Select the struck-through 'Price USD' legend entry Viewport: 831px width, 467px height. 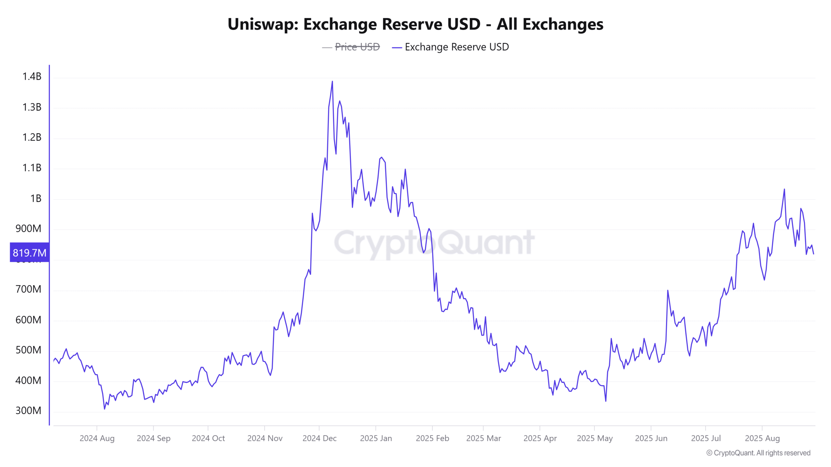[357, 47]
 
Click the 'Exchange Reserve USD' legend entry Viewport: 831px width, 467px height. [456, 47]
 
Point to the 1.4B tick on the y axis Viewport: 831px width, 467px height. [32, 77]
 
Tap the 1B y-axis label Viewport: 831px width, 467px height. [36, 198]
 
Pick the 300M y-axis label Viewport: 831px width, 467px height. [29, 411]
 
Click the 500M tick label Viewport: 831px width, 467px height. [29, 350]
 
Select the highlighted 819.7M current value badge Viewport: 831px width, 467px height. [30, 253]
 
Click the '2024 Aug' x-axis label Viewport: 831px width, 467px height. [97, 438]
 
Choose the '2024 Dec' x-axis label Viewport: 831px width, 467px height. [319, 438]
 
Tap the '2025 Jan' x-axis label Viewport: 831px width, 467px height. [376, 438]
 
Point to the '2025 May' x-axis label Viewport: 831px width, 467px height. [595, 438]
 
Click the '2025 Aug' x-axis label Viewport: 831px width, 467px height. [762, 438]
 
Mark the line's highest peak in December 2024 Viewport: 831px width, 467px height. [332, 81]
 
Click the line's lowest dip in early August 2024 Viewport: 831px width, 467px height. [105, 409]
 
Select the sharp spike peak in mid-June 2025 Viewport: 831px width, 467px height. [668, 290]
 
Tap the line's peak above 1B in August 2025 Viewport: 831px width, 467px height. [784, 189]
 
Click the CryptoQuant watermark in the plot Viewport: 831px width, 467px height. [434, 243]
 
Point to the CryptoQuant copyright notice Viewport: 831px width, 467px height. [758, 453]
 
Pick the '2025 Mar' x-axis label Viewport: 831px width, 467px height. [483, 438]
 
